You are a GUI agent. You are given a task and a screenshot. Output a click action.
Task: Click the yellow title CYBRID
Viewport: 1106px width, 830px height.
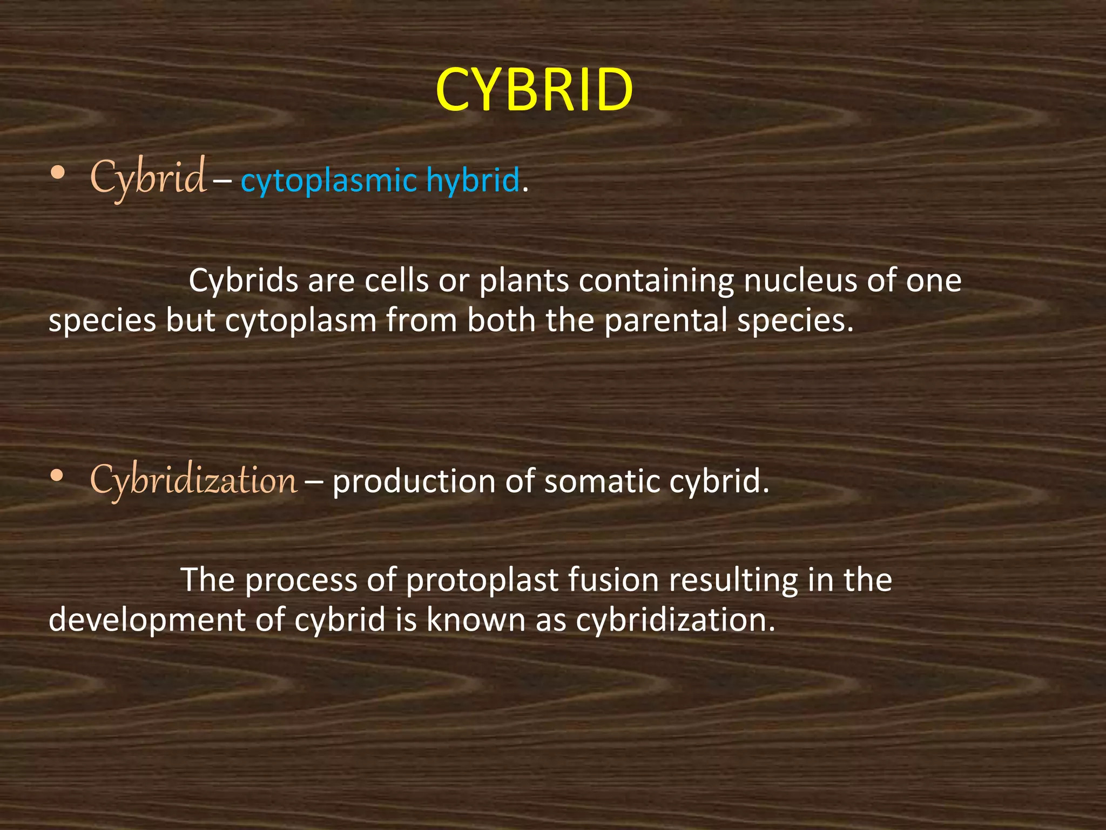pos(534,90)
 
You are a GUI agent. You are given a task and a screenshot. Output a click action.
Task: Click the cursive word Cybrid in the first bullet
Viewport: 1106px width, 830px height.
pos(147,177)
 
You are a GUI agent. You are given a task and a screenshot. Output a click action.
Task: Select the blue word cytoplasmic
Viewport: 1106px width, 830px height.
pos(328,180)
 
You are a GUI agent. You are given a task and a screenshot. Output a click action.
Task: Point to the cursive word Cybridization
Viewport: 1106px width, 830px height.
pos(193,480)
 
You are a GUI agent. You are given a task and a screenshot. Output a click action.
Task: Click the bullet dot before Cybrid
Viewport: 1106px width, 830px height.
pos(57,173)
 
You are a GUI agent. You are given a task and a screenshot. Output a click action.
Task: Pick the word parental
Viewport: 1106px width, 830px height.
pos(665,320)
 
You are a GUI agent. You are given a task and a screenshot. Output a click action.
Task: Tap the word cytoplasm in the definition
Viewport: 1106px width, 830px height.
pos(300,322)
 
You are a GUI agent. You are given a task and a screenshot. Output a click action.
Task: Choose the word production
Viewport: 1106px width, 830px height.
pos(413,481)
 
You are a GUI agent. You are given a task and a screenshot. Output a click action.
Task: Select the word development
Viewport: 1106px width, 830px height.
pos(146,620)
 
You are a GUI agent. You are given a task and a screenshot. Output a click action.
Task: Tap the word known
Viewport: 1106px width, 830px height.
pos(475,619)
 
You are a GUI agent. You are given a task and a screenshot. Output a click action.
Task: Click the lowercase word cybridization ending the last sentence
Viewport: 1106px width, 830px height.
pos(675,619)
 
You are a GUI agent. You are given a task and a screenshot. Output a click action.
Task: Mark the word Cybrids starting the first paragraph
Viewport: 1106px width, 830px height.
pos(243,280)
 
